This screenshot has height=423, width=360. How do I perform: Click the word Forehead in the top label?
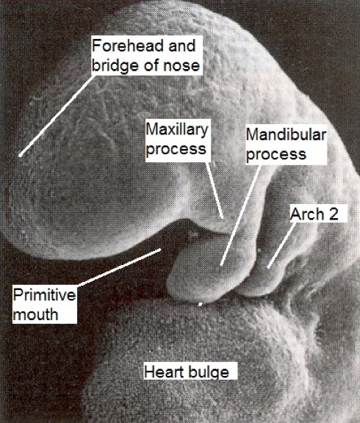128,46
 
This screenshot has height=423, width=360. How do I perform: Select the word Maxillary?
177,130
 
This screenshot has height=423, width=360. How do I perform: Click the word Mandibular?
286,135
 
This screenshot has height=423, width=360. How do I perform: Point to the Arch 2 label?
314,214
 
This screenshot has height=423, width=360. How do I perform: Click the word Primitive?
44,294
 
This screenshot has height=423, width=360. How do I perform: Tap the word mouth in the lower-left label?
35,314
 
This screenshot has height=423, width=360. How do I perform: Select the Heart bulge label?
187,372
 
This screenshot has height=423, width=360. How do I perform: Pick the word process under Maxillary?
176,150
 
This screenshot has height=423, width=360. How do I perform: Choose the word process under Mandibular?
276,154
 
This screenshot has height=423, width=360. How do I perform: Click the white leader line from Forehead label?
57,116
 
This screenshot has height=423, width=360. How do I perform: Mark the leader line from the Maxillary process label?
215,190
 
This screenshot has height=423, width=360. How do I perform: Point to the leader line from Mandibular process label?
240,215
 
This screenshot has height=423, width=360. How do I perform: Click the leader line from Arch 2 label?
281,245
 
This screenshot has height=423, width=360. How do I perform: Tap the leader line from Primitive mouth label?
119,267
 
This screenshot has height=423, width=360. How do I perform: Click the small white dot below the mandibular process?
200,305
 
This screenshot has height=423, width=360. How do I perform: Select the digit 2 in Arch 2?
333,214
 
